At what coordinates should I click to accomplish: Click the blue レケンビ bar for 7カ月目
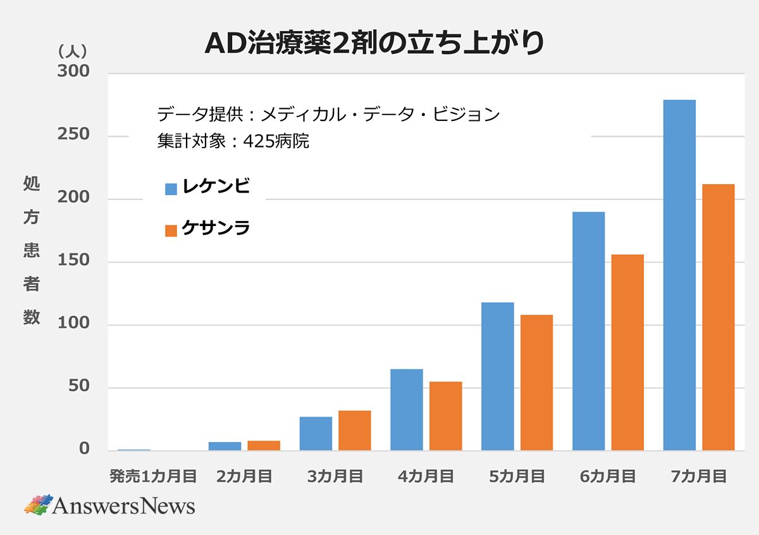click(679, 275)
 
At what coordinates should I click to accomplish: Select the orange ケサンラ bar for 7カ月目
click(719, 317)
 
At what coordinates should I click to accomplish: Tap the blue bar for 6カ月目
click(588, 331)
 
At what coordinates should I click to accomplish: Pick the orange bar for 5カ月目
click(536, 382)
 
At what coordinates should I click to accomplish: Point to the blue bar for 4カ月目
click(407, 410)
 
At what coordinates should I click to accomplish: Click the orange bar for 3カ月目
click(355, 431)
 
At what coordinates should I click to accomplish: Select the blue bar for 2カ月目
click(225, 446)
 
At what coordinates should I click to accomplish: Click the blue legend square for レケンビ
click(171, 189)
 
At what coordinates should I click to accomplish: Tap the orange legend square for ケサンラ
click(171, 230)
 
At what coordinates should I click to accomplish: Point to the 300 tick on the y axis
click(73, 72)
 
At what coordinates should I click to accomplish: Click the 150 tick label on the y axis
click(73, 261)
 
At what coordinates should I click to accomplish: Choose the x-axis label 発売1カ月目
click(154, 477)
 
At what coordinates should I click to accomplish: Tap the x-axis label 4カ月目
click(426, 477)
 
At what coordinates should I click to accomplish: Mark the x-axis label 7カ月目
click(699, 477)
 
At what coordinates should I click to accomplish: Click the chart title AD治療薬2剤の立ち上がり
click(374, 44)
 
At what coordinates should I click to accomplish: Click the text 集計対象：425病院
click(233, 141)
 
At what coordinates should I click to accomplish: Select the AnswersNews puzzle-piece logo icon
click(38, 505)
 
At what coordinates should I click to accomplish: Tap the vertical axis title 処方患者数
click(32, 251)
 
